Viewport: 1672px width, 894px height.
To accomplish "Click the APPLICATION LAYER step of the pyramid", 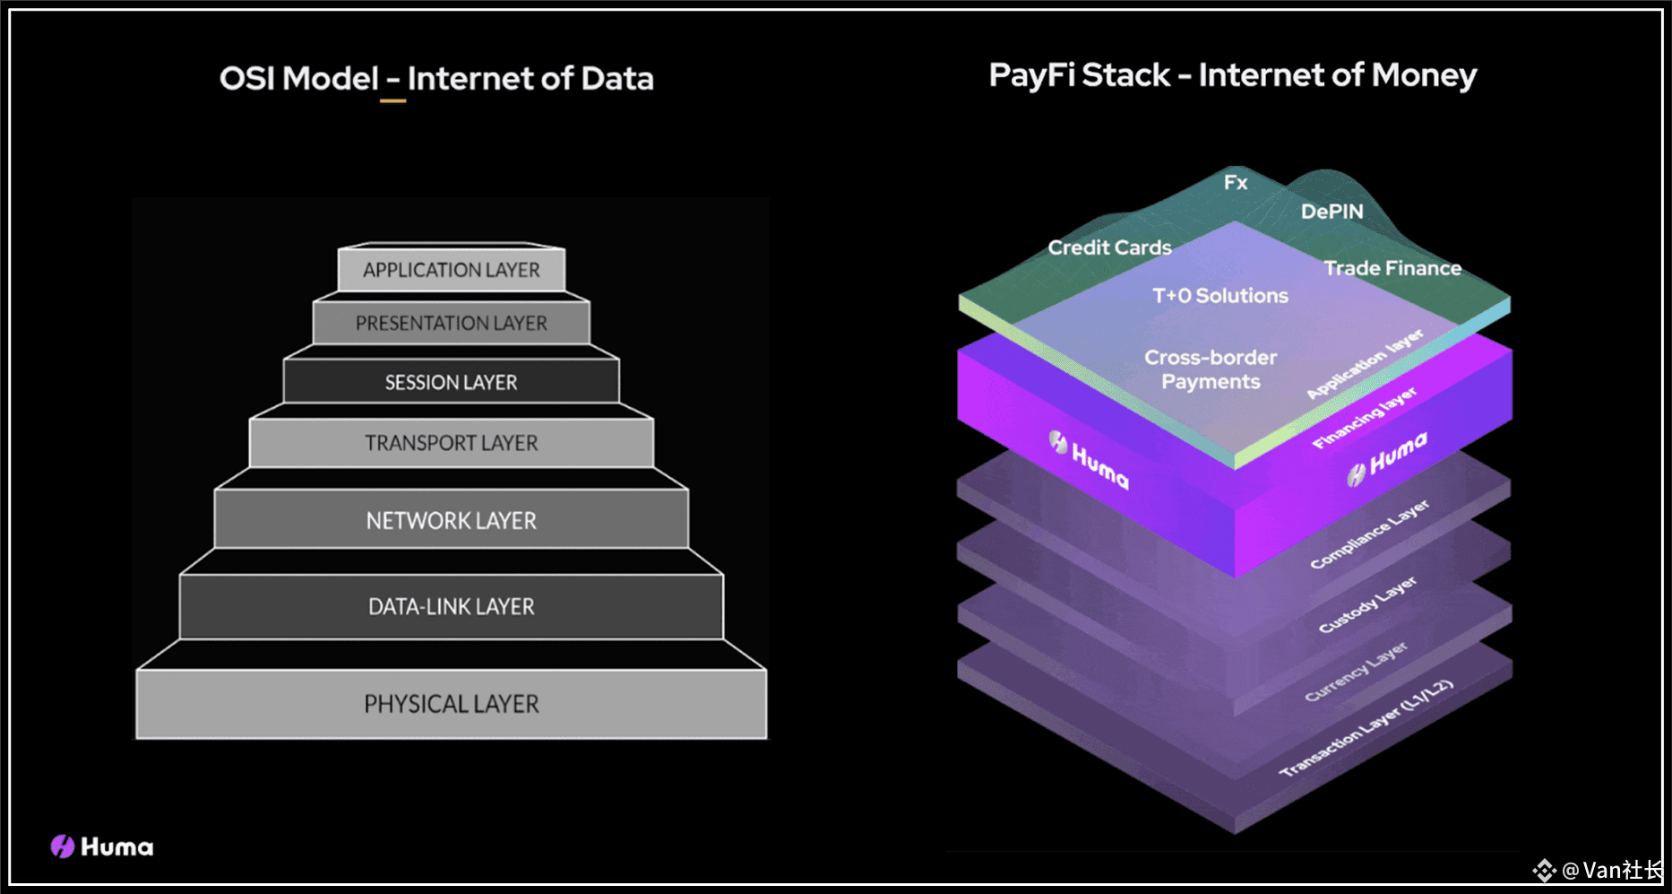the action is click(452, 269).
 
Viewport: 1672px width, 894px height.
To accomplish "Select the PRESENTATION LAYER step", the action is click(452, 323).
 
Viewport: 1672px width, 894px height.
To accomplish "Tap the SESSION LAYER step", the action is click(452, 382).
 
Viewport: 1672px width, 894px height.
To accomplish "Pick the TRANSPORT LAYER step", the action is click(452, 443).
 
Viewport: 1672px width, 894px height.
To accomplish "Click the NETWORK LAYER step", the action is click(452, 520).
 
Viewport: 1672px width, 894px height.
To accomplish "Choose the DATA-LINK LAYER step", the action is click(452, 607).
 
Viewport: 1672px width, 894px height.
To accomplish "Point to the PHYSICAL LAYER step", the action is click(452, 704).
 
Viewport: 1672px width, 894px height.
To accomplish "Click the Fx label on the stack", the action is click(1236, 183).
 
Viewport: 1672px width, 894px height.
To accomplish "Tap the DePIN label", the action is click(1332, 212).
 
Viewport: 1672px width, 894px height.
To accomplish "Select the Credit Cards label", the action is click(1110, 247).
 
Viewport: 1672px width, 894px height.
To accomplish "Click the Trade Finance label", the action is click(1392, 268).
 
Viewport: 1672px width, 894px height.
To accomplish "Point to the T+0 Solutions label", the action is click(1220, 296).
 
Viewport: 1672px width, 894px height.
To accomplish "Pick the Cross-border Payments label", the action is click(1211, 369).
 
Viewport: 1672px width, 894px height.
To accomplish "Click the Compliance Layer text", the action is click(1369, 534).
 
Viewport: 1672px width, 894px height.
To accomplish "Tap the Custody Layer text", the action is click(1367, 604).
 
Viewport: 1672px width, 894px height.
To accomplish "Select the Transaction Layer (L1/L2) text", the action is click(1366, 728).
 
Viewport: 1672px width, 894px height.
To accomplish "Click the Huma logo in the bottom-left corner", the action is click(102, 846).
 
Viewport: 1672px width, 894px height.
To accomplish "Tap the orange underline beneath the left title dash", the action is click(392, 100).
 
